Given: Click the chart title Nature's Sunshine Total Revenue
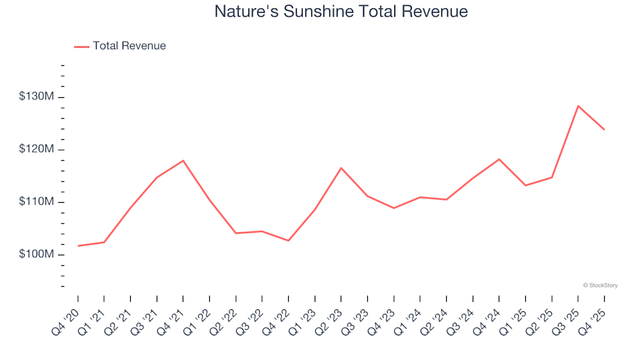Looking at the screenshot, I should pos(341,12).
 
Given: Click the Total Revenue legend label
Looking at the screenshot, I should pos(129,46).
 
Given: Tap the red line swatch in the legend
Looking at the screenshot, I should pos(81,47).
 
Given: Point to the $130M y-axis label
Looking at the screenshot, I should pos(37,97).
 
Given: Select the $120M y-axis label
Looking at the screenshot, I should pos(37,150).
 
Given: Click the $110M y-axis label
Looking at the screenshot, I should pos(37,202).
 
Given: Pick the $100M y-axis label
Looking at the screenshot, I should pos(37,255).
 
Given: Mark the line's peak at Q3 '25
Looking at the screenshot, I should pos(578,106).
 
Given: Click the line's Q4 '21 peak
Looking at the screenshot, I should pos(183,161).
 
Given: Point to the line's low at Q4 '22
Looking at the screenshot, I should pos(288,241).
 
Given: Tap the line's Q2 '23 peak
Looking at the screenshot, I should pos(341,168).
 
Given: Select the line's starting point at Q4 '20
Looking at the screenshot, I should pos(78,246).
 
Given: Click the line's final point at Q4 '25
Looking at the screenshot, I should pos(604,129).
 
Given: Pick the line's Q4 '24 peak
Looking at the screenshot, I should pos(499,159).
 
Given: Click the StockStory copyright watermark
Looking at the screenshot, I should pos(600,285).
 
